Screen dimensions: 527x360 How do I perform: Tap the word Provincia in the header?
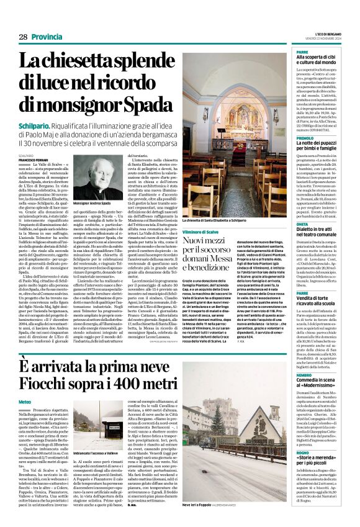pos(47,37)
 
